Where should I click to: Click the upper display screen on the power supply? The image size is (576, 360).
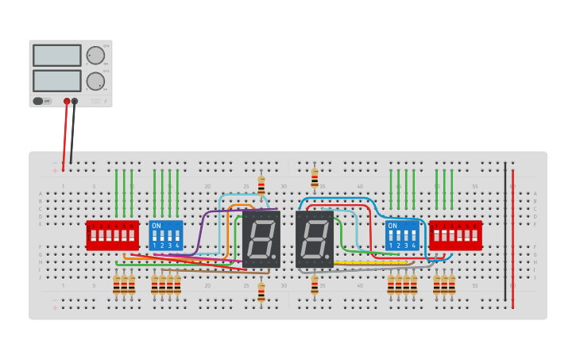click(x=56, y=56)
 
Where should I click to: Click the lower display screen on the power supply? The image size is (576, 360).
click(x=56, y=81)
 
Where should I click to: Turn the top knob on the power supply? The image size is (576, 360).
click(x=95, y=56)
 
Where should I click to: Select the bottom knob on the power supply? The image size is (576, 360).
click(x=95, y=81)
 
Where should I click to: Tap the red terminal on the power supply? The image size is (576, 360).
click(x=67, y=102)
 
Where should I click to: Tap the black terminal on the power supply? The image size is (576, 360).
click(x=75, y=102)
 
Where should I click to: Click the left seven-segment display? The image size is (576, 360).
click(x=261, y=238)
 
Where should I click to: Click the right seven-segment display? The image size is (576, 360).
click(x=315, y=238)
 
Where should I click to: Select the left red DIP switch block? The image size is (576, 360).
click(x=112, y=235)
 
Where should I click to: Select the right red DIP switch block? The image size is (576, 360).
click(x=455, y=235)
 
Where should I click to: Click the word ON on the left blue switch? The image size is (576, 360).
click(x=157, y=226)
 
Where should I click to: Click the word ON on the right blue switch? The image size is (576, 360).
click(x=392, y=226)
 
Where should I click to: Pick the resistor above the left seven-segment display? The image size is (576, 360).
click(x=261, y=185)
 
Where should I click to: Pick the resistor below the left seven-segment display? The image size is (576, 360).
click(x=261, y=292)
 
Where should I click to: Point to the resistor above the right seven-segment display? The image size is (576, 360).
click(x=315, y=177)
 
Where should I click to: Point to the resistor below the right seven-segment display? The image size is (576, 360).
click(x=315, y=285)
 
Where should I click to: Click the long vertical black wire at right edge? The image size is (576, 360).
click(x=504, y=230)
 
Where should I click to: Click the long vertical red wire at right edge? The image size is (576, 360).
click(x=512, y=238)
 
